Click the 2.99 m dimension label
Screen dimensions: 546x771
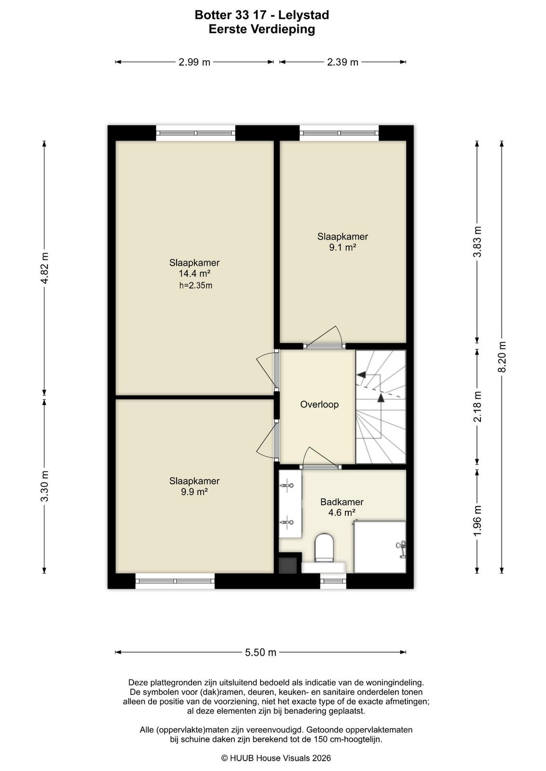tap(194, 62)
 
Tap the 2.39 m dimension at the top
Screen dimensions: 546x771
tap(342, 62)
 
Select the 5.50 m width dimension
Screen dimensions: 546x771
tap(260, 652)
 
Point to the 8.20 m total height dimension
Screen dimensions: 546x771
tap(502, 357)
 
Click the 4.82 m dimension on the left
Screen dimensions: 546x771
tap(44, 267)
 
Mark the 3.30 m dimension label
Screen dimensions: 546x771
tap(44, 486)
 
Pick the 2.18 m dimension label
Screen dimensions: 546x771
tap(478, 407)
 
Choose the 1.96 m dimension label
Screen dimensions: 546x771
tap(478, 521)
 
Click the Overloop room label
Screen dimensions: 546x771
tap(319, 404)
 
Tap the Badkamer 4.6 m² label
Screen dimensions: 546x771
tap(341, 507)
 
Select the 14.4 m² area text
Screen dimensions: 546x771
tap(194, 274)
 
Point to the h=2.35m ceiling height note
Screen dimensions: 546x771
tap(196, 285)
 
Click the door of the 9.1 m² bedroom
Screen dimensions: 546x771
tap(324, 337)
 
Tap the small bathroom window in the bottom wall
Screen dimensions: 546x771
tap(333, 581)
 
